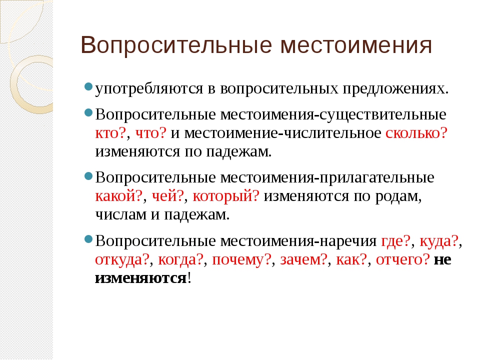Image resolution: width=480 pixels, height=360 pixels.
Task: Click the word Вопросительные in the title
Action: pyautogui.click(x=176, y=45)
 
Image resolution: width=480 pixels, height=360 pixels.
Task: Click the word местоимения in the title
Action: pyautogui.click(x=356, y=45)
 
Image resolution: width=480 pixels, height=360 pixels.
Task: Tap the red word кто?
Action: pyautogui.click(x=110, y=133)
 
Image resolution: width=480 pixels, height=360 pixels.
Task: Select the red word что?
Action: pyautogui.click(x=150, y=133)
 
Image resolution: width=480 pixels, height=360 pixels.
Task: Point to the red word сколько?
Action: pyautogui.click(x=416, y=133)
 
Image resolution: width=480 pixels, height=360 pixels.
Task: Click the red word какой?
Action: pyautogui.click(x=119, y=196)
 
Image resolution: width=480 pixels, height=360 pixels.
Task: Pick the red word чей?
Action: pyautogui.click(x=168, y=196)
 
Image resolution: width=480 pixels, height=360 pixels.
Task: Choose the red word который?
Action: pyautogui.click(x=226, y=196)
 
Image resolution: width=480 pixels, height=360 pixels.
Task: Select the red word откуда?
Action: pyautogui.click(x=122, y=260)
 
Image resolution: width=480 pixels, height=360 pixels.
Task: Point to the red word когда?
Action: pyautogui.click(x=180, y=260)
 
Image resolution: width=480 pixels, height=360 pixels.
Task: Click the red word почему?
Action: pyautogui.click(x=242, y=260)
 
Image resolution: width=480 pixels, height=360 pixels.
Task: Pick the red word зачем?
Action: pyautogui.click(x=303, y=260)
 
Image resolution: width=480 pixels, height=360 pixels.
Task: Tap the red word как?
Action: pyautogui.click(x=351, y=260)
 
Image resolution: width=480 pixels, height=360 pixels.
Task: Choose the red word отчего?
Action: pyautogui.click(x=403, y=260)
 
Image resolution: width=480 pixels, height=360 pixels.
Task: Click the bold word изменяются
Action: pyautogui.click(x=141, y=278)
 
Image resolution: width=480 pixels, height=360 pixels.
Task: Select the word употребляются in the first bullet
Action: pyautogui.click(x=149, y=89)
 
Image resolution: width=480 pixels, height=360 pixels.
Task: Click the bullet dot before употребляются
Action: pyautogui.click(x=88, y=86)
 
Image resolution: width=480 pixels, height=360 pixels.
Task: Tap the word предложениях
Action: pyautogui.click(x=393, y=89)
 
